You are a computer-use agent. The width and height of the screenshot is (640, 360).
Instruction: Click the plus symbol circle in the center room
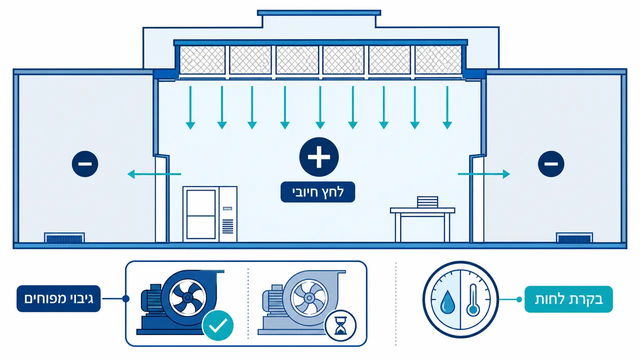coord(319,157)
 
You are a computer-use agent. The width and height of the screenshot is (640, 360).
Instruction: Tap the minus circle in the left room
coord(85,163)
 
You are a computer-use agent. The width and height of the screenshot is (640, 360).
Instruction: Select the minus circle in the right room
coord(551,163)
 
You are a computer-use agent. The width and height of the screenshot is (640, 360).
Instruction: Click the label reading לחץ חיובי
coord(317,192)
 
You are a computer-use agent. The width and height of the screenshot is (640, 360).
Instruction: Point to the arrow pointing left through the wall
coord(154,173)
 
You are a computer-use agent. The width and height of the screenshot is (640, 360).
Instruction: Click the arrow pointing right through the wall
coord(483,173)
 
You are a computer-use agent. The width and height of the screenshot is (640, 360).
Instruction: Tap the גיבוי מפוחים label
coord(58,298)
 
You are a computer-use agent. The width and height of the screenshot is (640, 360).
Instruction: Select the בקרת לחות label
coord(568,299)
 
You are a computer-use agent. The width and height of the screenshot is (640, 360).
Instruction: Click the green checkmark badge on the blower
coord(217,325)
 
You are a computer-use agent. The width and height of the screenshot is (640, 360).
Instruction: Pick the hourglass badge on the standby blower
coord(340,325)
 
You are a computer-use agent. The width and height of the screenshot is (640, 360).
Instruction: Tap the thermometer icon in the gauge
coord(473,300)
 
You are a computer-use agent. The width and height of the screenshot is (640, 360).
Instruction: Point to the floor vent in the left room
coord(64,237)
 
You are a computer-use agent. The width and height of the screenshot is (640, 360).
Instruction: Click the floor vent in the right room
coord(574,237)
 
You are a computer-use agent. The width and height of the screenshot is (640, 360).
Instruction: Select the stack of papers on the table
coord(427,202)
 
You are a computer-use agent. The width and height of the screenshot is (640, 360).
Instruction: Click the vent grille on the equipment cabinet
coord(227,226)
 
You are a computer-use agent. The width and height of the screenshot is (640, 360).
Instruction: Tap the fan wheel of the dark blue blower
coord(187,297)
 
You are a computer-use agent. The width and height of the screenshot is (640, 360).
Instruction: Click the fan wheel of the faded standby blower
coord(309,298)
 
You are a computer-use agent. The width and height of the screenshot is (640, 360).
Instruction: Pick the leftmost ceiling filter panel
coord(202,60)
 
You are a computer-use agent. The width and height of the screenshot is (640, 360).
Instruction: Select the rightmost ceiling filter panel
coord(438,60)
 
